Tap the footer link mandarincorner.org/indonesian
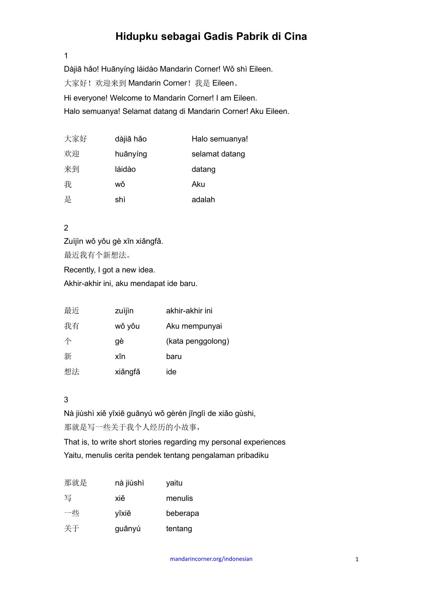click(211, 559)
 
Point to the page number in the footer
click(357, 559)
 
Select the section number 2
click(66, 228)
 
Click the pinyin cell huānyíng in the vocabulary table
click(131, 154)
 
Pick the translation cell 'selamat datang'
click(218, 154)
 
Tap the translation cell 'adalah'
click(203, 200)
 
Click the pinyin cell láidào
click(125, 169)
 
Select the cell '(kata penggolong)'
click(197, 341)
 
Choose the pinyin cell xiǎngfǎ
click(127, 372)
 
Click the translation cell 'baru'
click(174, 357)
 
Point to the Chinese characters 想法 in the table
click(72, 372)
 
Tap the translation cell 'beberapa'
click(182, 513)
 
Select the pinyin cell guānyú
click(128, 529)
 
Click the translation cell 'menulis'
click(179, 498)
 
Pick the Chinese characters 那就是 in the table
click(76, 483)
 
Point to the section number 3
click(66, 400)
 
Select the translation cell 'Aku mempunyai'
click(194, 326)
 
